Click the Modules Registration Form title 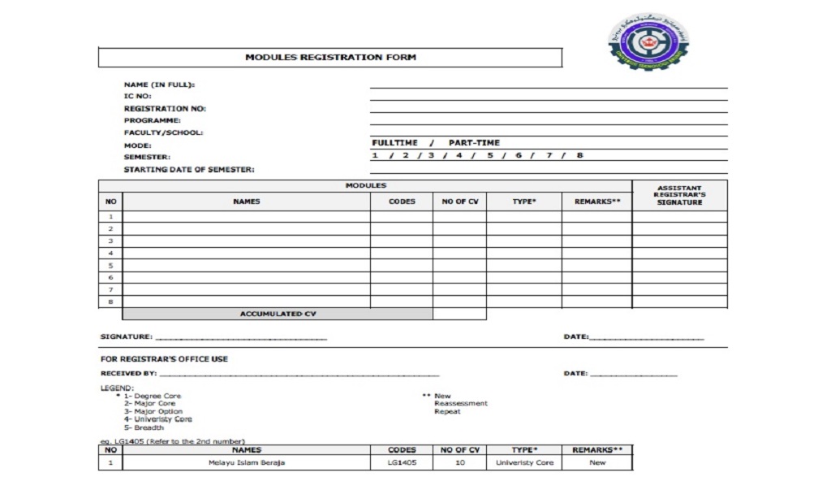click(x=330, y=58)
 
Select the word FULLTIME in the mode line click(x=395, y=143)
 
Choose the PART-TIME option click(x=474, y=143)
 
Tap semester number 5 click(x=490, y=155)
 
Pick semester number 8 click(x=579, y=155)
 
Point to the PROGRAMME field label click(x=152, y=120)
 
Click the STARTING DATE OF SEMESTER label click(x=189, y=170)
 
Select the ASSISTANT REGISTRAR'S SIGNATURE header click(x=679, y=195)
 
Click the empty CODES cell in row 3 click(x=402, y=241)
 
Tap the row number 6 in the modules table click(x=110, y=277)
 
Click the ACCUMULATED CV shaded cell click(x=278, y=314)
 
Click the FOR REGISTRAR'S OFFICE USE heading click(x=164, y=358)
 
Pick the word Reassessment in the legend click(x=461, y=404)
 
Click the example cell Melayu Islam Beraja click(x=247, y=463)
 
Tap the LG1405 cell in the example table click(x=402, y=463)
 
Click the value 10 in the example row click(x=459, y=463)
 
